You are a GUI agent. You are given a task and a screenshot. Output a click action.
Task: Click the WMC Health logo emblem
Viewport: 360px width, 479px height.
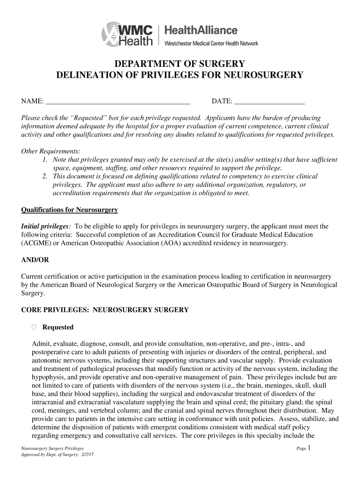[x=110, y=34]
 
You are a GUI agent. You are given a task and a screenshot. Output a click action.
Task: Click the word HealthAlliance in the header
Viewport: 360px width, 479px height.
[x=202, y=30]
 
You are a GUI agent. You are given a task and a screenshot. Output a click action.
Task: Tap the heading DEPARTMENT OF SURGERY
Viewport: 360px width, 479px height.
[x=180, y=64]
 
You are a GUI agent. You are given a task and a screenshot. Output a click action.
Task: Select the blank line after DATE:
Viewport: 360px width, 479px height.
[x=269, y=101]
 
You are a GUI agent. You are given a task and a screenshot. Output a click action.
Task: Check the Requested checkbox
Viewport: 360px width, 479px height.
[x=34, y=327]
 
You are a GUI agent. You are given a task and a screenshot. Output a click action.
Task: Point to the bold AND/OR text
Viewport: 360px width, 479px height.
[x=35, y=260]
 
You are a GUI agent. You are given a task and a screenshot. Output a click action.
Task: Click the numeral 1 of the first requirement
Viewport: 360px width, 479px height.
[x=44, y=160]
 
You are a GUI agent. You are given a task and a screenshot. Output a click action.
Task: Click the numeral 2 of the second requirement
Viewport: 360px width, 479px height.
[x=44, y=176]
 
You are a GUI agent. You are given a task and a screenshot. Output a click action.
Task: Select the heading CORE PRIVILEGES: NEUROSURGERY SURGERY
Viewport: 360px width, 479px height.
[x=105, y=310]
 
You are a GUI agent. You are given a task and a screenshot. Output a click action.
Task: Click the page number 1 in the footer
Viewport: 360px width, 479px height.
[x=309, y=448]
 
